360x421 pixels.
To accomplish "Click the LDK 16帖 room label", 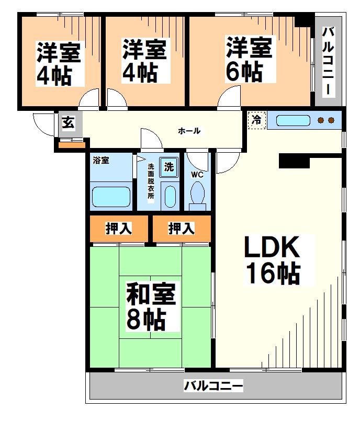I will pos(272,260).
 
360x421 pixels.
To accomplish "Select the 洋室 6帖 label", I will pos(249,59).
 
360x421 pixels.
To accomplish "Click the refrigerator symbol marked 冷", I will pos(257,120).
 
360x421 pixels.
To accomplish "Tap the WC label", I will pos(197,174).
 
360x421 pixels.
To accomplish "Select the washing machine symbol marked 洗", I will pos(168,167).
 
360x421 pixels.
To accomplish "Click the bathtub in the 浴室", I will pos(110,197).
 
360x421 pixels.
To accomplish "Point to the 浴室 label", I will pos(101,160).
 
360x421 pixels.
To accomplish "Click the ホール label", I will pos(189,131).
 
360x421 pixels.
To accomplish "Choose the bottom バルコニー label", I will pos(213,386).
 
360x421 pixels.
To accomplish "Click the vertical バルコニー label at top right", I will pos(328,60).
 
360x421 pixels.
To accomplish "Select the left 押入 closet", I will pos(119,228).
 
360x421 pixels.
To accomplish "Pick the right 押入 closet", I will pos(181,228).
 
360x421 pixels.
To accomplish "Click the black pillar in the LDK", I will pos(294,161).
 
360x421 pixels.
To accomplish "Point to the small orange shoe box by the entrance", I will pos(67,144).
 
